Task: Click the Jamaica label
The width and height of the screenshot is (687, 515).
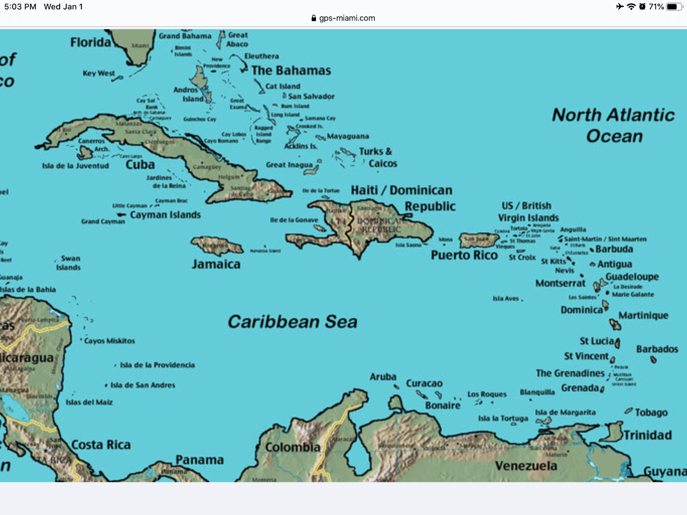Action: [x=216, y=264]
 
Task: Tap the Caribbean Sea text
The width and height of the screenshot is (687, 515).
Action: [x=292, y=322]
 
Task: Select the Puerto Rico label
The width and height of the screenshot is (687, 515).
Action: [x=464, y=255]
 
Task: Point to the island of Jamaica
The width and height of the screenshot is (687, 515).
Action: [x=217, y=246]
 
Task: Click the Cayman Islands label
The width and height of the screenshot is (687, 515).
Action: [x=165, y=215]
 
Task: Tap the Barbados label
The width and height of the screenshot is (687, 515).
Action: [x=657, y=349]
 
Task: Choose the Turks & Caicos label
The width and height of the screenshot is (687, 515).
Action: [x=378, y=158]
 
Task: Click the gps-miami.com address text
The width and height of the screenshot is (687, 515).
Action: [x=347, y=18]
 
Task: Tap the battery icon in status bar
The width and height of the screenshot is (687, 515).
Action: [x=673, y=6]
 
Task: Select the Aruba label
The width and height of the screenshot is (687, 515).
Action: [x=383, y=377]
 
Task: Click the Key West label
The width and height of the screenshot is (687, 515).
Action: [x=98, y=73]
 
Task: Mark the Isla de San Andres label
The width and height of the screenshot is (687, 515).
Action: [x=143, y=385]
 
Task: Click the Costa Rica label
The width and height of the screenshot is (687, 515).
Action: [x=101, y=445]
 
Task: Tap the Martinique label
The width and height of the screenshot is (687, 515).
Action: [x=643, y=315]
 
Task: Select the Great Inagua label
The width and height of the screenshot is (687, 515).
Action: [x=289, y=165]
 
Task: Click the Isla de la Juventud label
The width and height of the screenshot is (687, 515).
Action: [x=76, y=166]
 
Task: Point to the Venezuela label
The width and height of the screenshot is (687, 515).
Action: [x=526, y=466]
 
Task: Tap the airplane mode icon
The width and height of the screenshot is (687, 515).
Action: [x=620, y=6]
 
